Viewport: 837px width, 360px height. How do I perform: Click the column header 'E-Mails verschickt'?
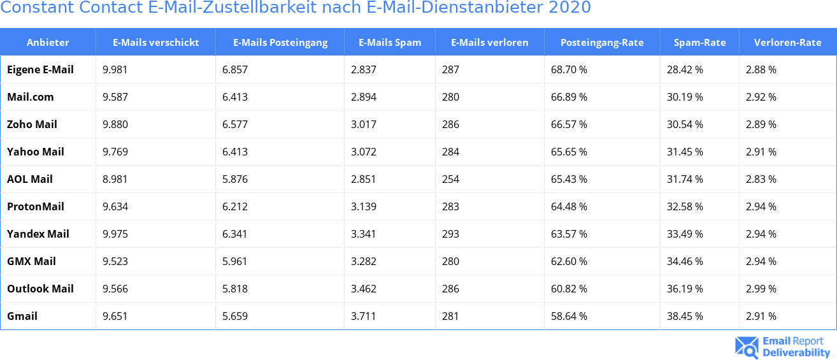[155, 43]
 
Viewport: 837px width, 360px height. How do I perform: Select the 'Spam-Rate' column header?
[699, 43]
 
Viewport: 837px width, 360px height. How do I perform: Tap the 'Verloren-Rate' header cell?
[787, 43]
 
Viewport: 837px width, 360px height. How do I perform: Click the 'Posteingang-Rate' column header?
[602, 43]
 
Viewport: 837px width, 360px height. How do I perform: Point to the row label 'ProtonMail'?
[36, 206]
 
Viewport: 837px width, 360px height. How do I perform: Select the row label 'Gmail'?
[22, 316]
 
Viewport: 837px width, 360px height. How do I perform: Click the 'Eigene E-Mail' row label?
[40, 69]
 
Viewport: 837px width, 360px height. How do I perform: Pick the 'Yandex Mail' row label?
[38, 234]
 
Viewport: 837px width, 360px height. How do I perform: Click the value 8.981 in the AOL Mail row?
[115, 179]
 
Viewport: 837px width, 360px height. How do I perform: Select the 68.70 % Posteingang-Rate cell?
[569, 69]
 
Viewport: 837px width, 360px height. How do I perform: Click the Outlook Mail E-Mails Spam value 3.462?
[364, 289]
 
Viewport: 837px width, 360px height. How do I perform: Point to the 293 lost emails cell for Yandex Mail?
[450, 234]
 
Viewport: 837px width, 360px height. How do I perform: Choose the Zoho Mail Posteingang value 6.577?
[235, 124]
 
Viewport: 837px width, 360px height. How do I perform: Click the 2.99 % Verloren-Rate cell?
[761, 289]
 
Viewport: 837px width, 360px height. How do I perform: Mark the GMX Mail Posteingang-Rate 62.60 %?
[569, 261]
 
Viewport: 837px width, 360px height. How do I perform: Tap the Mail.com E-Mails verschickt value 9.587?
[115, 97]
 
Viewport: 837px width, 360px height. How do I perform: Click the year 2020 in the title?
[570, 8]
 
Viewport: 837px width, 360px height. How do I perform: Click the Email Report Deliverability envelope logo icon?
[747, 347]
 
